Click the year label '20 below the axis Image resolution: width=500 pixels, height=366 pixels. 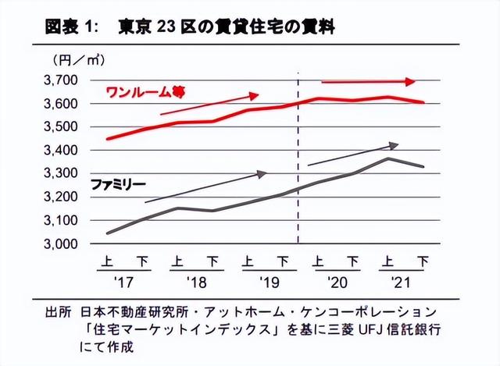coord(334,279)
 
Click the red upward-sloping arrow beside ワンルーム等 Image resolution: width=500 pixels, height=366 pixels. coord(209,104)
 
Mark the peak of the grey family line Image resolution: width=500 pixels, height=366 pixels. coord(387,158)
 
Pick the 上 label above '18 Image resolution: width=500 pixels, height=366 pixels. coord(178,261)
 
